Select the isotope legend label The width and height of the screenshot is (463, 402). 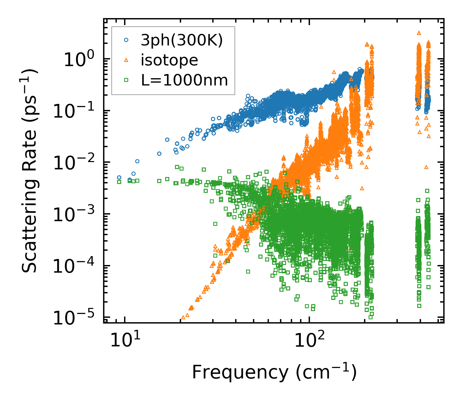(x=169, y=60)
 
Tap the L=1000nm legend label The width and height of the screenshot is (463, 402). (x=185, y=80)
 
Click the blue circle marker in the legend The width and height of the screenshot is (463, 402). (x=126, y=40)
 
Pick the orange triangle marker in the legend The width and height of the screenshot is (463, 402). (x=126, y=60)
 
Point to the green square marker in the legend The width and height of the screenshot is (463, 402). (x=126, y=80)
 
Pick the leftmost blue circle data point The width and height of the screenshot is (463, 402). (x=119, y=178)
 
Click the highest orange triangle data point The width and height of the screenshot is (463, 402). (x=419, y=33)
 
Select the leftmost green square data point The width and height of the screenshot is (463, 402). (x=119, y=182)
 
